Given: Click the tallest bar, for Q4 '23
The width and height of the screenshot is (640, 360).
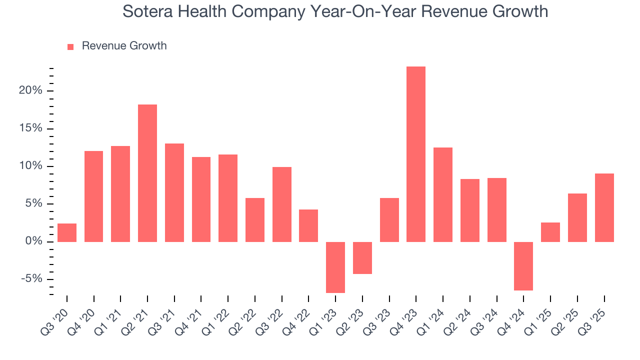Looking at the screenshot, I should click(416, 154).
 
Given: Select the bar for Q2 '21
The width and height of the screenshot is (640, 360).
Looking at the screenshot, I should click(147, 173).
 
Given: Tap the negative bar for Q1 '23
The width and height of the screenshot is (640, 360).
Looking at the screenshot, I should click(335, 267).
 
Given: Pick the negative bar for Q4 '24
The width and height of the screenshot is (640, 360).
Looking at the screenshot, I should click(523, 266).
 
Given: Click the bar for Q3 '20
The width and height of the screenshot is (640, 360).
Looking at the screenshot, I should click(67, 232).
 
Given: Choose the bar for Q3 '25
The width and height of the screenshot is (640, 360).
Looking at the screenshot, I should click(604, 207).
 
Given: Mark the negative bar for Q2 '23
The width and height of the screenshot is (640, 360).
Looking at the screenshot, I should click(362, 257).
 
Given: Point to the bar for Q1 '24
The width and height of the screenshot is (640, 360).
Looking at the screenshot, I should click(443, 194).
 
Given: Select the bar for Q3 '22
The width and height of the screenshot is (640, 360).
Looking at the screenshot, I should click(282, 204).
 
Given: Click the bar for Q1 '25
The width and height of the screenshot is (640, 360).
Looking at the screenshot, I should click(550, 232).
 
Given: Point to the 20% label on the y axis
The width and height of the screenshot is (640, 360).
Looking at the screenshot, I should click(30, 91).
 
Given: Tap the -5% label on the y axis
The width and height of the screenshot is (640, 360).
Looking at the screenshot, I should click(31, 279).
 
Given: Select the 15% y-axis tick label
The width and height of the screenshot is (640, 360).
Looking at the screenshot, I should click(30, 128).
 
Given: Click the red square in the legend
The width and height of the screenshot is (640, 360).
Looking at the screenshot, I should click(70, 46).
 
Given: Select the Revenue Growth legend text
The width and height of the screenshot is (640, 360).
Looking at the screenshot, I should click(124, 46).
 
